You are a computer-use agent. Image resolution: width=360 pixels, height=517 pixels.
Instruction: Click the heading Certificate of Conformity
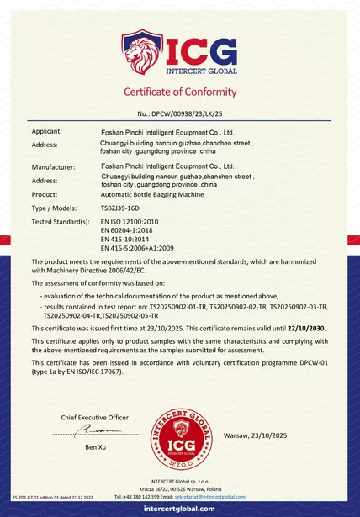(x=180, y=92)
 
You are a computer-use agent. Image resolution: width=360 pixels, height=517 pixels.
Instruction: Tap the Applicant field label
(x=46, y=132)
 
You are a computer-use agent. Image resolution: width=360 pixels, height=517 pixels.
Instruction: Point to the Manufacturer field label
(x=53, y=168)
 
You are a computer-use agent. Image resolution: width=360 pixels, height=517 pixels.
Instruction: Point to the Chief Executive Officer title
(x=95, y=417)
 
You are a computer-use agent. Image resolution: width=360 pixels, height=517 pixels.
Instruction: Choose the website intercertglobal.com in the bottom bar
(x=180, y=509)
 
